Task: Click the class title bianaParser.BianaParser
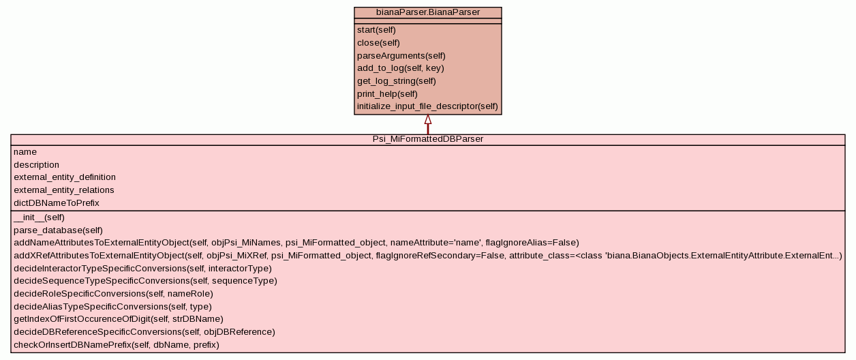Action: pos(427,12)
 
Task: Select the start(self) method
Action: pos(376,30)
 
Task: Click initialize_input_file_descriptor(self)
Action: pos(427,106)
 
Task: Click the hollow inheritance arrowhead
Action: pos(428,120)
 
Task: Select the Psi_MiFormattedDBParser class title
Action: pos(427,139)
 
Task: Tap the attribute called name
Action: pos(25,152)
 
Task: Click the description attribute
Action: pos(36,165)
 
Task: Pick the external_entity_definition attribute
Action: pos(65,177)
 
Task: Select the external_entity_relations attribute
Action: pos(64,190)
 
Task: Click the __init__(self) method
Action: pos(39,217)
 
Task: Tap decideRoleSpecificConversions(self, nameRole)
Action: pos(113,294)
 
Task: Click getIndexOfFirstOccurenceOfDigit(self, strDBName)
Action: pos(119,319)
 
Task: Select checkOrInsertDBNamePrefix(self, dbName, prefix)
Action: pos(117,345)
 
